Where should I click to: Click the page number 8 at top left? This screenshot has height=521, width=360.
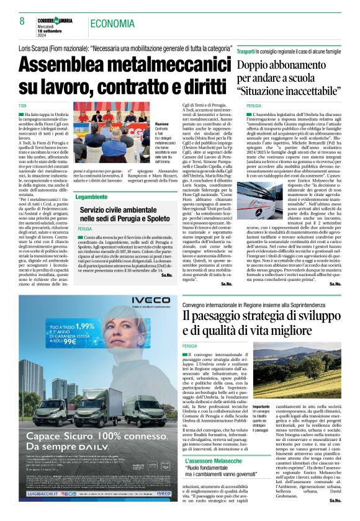click(x=22, y=22)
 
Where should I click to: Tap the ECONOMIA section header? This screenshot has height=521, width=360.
click(x=112, y=24)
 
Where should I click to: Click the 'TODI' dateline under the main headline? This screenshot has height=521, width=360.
click(x=23, y=105)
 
